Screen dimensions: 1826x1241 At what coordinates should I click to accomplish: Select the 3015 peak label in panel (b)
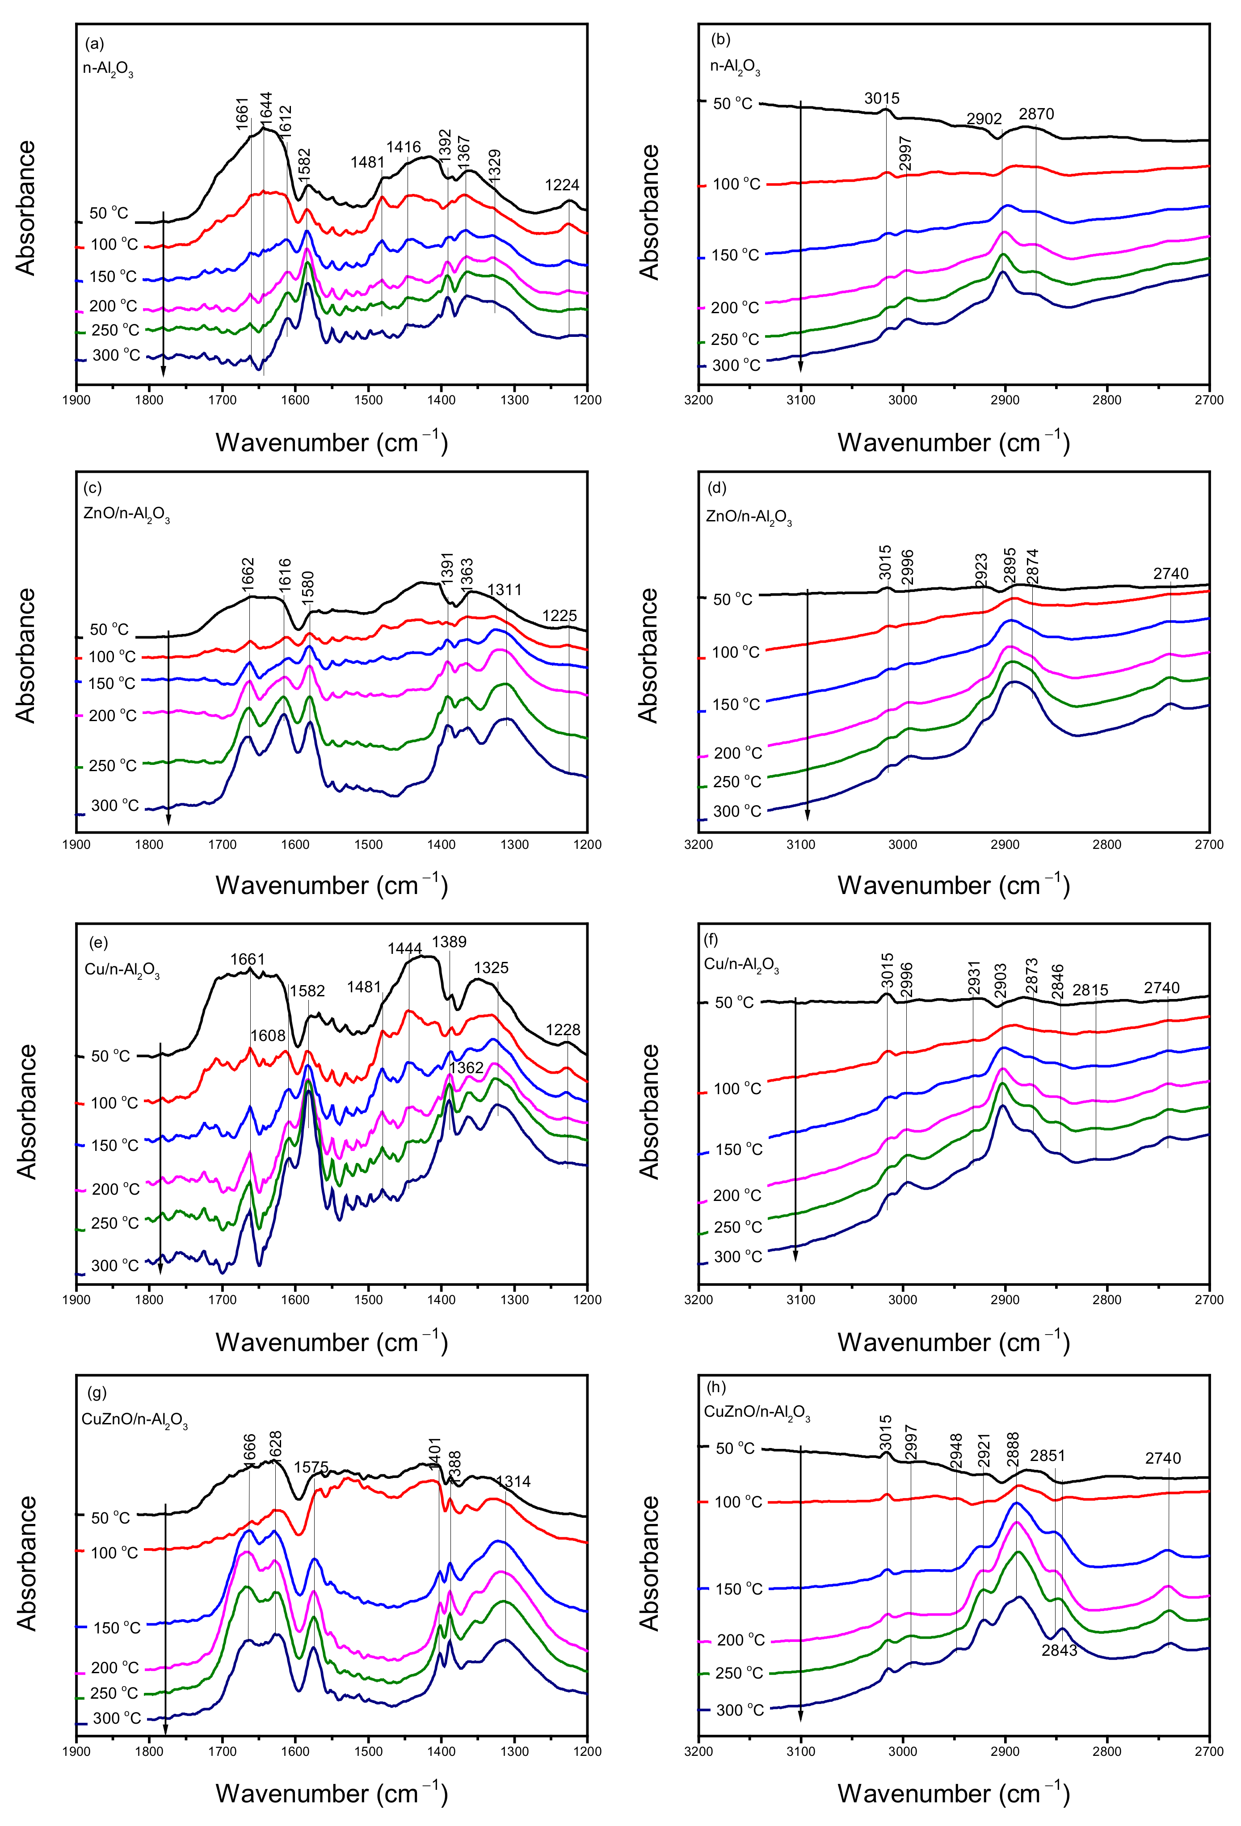(x=881, y=98)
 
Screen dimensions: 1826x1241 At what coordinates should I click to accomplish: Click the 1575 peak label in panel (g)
(x=311, y=1467)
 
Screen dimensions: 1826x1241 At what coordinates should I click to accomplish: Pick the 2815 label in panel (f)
(x=1090, y=990)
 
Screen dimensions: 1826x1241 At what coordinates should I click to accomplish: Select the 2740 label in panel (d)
(x=1170, y=574)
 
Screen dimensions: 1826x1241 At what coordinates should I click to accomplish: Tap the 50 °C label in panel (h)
(x=735, y=1448)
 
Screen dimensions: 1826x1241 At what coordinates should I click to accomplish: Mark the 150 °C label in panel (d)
(x=736, y=704)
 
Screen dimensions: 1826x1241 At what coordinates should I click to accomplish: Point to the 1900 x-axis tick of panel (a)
(x=76, y=399)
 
